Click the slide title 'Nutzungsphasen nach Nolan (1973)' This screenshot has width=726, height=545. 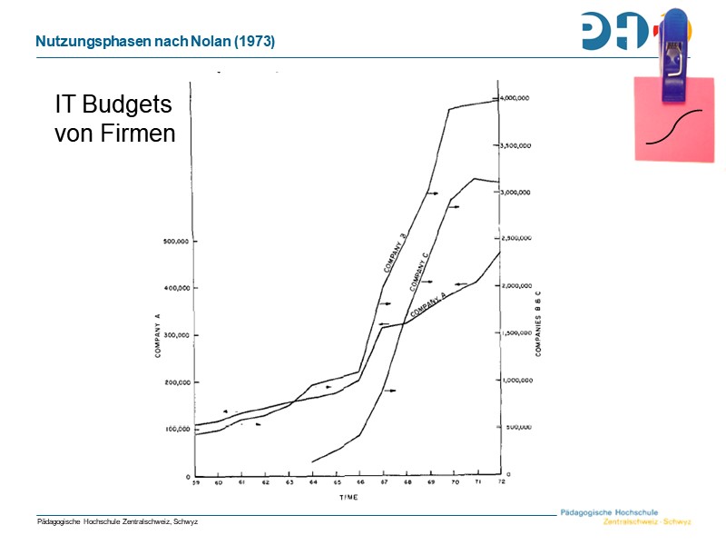(x=155, y=43)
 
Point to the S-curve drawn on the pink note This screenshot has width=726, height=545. (x=674, y=127)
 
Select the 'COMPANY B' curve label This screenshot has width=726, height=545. (x=394, y=253)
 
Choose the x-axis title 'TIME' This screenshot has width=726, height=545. (x=348, y=499)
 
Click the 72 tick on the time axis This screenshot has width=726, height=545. (x=501, y=483)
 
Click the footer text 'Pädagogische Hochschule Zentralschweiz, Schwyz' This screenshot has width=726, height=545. (x=117, y=521)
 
